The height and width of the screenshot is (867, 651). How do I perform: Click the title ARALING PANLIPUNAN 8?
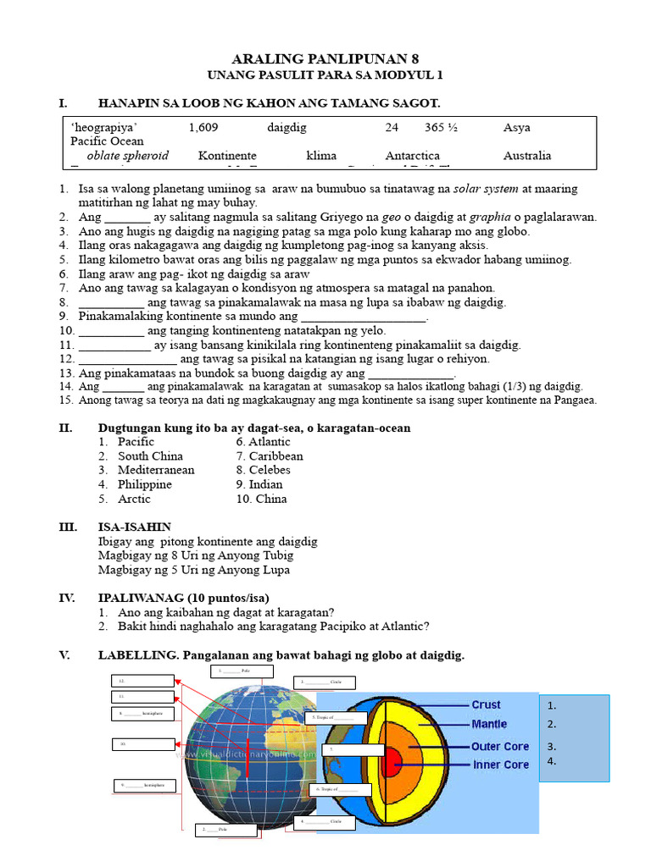[325, 58]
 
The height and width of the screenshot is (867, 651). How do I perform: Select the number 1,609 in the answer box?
[204, 128]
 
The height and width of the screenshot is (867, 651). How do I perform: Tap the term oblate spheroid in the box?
[127, 156]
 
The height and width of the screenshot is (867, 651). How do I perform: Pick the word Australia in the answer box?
[526, 156]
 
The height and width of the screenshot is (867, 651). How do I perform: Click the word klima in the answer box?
[321, 156]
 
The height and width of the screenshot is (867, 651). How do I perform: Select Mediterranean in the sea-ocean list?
[156, 470]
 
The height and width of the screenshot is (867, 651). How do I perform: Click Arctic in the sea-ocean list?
[135, 499]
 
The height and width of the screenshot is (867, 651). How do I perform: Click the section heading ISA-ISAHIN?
[135, 527]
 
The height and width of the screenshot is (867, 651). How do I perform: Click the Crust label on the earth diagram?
[486, 704]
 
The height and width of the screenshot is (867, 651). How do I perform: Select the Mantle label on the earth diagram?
[489, 724]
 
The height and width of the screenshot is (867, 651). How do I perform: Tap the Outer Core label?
[500, 747]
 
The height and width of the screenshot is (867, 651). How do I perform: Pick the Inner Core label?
[500, 765]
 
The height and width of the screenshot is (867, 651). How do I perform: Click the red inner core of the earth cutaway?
[392, 762]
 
